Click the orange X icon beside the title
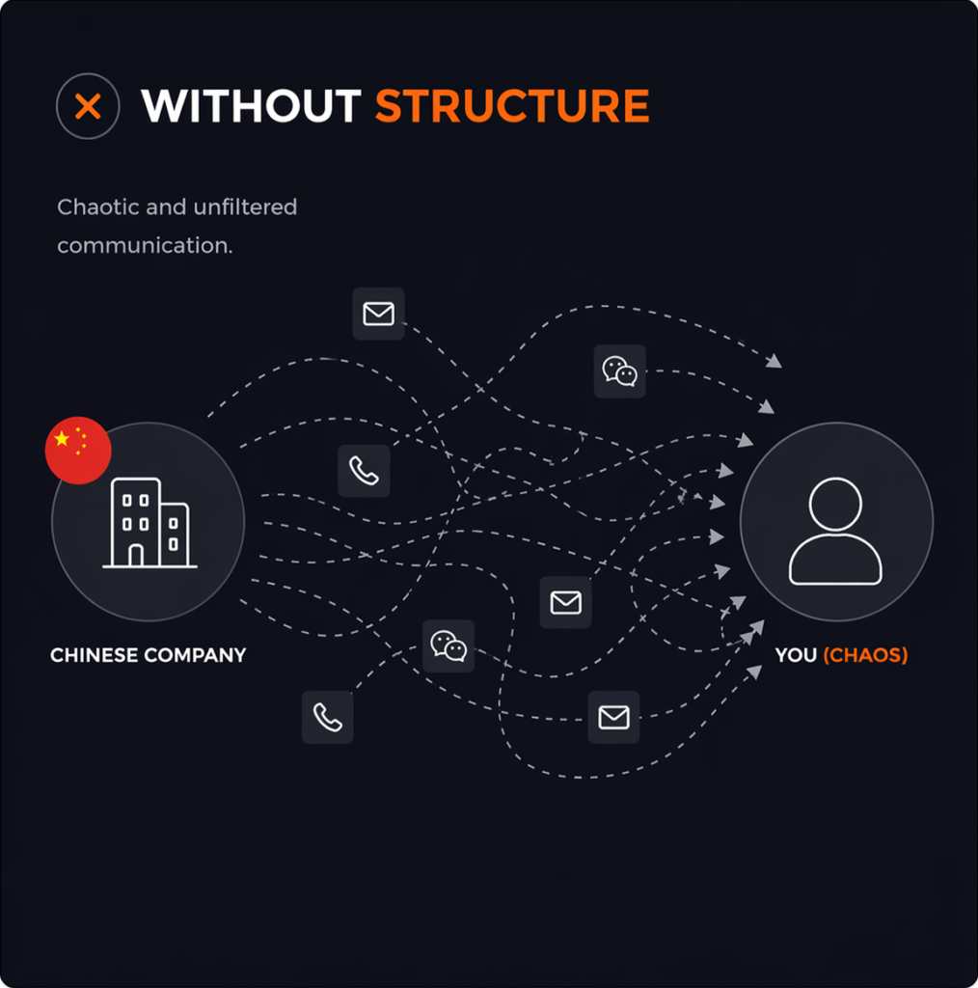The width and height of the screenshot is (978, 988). (x=88, y=106)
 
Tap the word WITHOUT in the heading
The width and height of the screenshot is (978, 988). (x=252, y=106)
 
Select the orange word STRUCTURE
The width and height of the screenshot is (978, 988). (x=512, y=106)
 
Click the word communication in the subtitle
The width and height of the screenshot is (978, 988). (x=145, y=246)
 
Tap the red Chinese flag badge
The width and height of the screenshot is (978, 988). (x=78, y=451)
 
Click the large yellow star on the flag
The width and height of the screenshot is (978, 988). (x=63, y=440)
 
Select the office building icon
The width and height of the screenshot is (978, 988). (x=149, y=522)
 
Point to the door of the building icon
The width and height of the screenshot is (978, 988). (x=136, y=555)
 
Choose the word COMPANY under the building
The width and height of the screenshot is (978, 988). (x=195, y=656)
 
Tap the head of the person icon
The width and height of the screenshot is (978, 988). (x=835, y=503)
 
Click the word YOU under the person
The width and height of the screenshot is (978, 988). (x=796, y=656)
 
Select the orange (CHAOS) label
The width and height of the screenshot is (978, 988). (x=866, y=656)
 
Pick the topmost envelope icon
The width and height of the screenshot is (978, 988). (x=378, y=314)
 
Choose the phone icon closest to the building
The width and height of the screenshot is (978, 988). (x=364, y=471)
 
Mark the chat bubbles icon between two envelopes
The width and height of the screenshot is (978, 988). (x=448, y=645)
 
